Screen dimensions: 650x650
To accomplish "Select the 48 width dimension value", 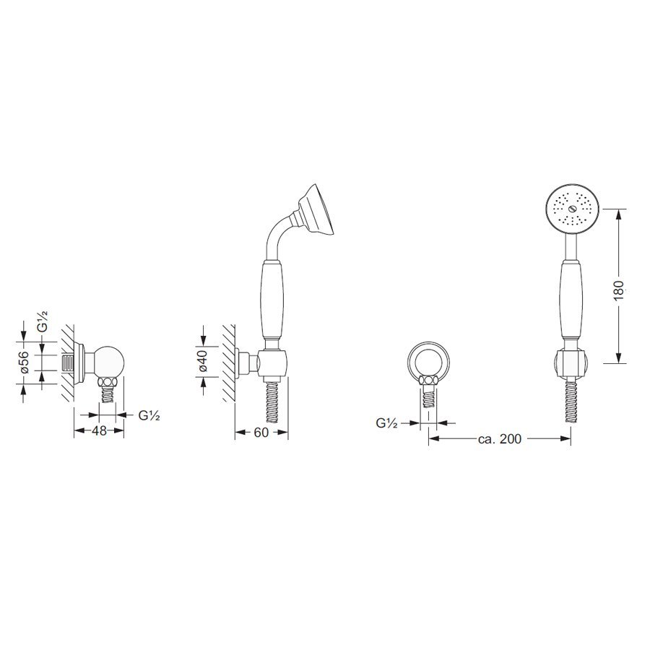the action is pos(99,430).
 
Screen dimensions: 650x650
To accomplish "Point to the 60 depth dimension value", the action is pos(261,433).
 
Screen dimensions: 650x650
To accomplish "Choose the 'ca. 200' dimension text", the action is pos(500,438).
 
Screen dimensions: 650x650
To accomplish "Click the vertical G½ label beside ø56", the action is pos(43,321).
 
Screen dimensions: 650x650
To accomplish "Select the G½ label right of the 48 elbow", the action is pos(149,415).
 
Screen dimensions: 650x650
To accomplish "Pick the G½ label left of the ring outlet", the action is pos(387,422).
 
